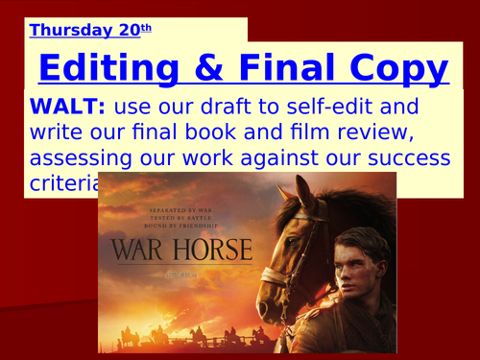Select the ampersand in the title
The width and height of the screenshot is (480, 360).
click(x=206, y=68)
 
